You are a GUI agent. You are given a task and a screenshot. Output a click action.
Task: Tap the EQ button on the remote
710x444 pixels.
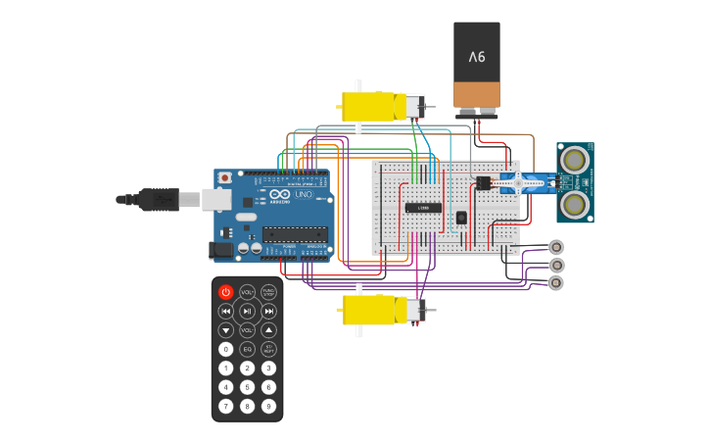(x=247, y=349)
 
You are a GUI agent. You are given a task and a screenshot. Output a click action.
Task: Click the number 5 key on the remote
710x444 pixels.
(x=247, y=387)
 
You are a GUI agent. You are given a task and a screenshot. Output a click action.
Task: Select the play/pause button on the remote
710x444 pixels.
(x=247, y=311)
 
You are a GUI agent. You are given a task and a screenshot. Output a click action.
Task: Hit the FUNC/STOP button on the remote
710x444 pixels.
(x=268, y=292)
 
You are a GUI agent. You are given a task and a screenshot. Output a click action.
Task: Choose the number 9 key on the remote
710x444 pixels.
(x=268, y=406)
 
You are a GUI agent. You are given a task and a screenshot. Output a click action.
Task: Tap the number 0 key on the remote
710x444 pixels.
(x=226, y=349)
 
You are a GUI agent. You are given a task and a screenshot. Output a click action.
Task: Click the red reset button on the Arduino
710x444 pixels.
(x=225, y=178)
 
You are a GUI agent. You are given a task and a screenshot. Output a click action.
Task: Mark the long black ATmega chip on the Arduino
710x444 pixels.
(x=294, y=233)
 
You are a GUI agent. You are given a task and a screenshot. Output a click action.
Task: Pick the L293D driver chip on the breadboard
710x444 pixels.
(x=422, y=207)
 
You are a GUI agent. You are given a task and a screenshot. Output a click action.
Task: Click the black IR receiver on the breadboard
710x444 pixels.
(x=461, y=218)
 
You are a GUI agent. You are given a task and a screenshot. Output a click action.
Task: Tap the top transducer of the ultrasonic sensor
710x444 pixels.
(x=574, y=158)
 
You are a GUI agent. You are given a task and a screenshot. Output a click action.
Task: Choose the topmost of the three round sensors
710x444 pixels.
(x=556, y=247)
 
